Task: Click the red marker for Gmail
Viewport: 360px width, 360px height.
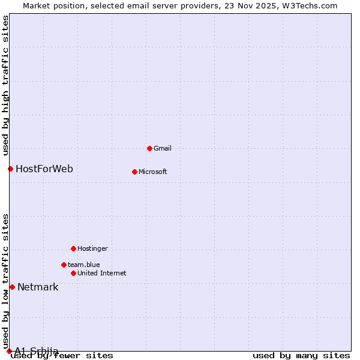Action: (149, 148)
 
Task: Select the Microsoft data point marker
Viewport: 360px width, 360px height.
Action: (134, 172)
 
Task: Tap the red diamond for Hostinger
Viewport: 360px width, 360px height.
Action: (73, 248)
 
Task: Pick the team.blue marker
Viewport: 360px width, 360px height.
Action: (64, 265)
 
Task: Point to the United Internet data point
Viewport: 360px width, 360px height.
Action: (73, 273)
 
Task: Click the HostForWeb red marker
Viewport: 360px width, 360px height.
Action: (10, 169)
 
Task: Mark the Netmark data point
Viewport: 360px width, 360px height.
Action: (12, 287)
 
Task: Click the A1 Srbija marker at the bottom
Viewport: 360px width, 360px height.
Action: (9, 351)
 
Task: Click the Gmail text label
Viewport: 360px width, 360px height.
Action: (163, 148)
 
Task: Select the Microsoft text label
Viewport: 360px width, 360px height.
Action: (153, 172)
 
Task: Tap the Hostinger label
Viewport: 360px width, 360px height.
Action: (92, 248)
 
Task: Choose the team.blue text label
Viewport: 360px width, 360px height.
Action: (84, 265)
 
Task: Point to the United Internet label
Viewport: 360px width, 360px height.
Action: (102, 273)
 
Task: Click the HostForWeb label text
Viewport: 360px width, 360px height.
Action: (44, 169)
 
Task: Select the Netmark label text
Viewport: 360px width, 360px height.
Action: (38, 287)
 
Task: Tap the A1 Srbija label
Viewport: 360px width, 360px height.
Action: (37, 351)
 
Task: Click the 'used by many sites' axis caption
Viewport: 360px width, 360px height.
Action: (301, 356)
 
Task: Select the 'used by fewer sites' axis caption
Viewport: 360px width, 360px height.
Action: (62, 356)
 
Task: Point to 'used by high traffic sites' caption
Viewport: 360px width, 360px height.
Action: (5, 85)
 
